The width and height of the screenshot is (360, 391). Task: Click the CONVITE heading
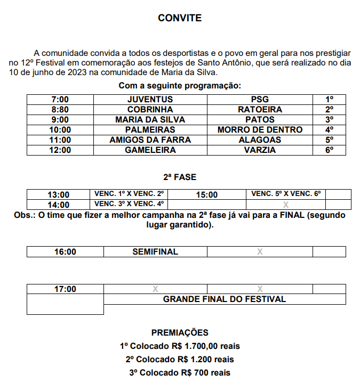180,18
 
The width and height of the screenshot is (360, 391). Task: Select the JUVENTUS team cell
150,100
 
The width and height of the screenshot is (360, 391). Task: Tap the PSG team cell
260,100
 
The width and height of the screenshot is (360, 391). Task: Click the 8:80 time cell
60,110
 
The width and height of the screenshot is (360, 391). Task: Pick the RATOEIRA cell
260,110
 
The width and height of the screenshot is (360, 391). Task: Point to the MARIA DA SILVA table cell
150,120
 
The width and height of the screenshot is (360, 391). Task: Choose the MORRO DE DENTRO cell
260,130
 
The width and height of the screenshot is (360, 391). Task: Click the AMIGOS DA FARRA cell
150,140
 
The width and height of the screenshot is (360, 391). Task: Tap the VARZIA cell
260,150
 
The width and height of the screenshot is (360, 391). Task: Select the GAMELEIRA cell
150,150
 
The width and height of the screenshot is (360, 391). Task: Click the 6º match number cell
329,150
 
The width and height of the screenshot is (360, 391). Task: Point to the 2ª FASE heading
180,177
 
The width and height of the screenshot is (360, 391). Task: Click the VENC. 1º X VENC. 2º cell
129,194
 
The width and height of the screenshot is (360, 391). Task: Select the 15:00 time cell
207,195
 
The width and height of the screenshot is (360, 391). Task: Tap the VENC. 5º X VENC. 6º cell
286,194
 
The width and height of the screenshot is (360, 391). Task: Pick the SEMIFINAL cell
155,251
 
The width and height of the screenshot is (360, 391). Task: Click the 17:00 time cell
65,289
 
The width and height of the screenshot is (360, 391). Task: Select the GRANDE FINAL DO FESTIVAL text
224,299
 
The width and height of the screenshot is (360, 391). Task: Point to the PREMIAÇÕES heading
180,333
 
